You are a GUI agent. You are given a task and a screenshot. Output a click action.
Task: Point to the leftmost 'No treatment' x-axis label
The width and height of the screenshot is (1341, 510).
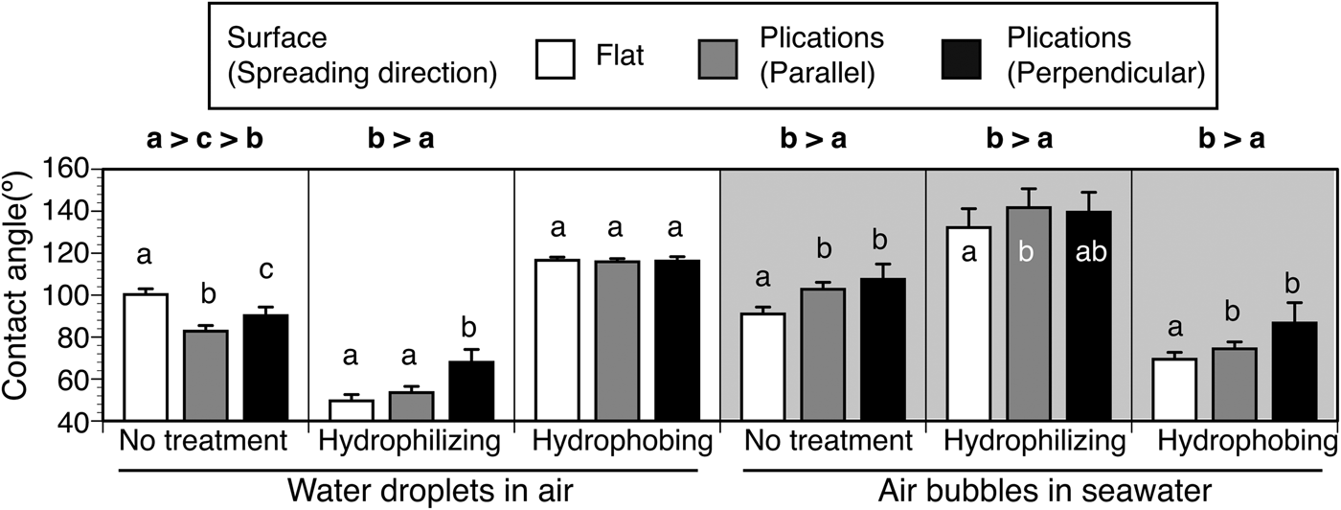click(x=203, y=443)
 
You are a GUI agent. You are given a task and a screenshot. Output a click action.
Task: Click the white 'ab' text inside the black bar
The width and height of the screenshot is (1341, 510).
click(x=1084, y=253)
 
